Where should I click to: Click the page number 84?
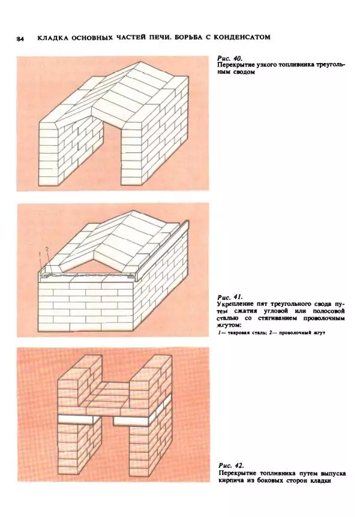(20, 39)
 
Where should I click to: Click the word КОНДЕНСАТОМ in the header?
(242, 37)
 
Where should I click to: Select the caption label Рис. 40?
(230, 58)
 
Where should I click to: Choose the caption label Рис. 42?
(231, 465)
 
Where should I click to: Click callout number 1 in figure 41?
(40, 254)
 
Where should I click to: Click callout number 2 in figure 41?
(47, 250)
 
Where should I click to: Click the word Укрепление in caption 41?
(234, 303)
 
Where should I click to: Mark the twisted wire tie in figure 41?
(88, 274)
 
